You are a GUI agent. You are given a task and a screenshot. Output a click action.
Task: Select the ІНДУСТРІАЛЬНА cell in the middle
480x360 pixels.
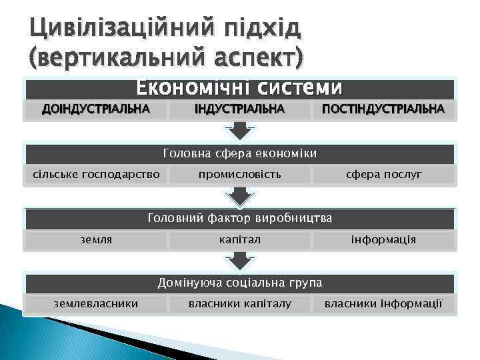pos(239,109)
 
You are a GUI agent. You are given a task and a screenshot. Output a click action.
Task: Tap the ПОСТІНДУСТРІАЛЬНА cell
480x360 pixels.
pos(383,109)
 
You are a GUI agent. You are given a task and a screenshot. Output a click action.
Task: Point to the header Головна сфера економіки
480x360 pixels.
pos(239,154)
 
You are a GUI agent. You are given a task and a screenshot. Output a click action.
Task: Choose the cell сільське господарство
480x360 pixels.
pos(96,174)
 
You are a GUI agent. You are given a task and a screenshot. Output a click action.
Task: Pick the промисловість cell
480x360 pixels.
pos(239,174)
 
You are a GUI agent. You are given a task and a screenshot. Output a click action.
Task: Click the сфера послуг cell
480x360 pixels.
pos(383,174)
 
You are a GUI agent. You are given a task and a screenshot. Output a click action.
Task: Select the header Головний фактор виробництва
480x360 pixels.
pos(239,219)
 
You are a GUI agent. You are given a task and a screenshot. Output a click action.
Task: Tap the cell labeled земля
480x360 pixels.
pos(96,239)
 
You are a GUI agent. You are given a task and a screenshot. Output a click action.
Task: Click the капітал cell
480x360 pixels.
pos(239,239)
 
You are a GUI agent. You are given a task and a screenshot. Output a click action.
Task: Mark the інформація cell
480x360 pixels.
pos(383,239)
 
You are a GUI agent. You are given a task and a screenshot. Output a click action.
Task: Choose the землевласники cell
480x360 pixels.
pos(96,303)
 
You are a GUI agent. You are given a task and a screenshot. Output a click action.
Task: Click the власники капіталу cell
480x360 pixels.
pos(239,303)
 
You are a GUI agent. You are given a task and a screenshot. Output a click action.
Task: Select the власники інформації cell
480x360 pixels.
pos(383,303)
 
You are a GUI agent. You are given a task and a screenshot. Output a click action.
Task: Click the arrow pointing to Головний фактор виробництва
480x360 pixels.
pos(239,197)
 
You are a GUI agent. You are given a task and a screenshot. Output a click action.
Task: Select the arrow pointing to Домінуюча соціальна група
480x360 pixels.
pos(239,262)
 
